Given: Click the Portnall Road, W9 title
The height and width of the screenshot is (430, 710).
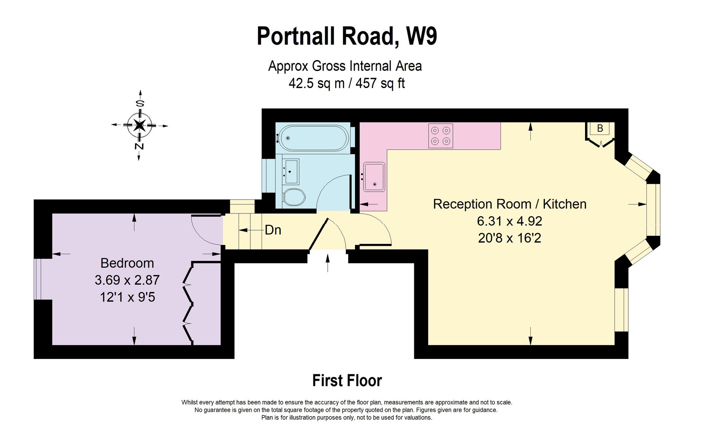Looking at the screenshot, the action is point(347,36).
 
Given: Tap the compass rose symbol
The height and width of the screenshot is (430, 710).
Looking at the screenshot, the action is point(140,125).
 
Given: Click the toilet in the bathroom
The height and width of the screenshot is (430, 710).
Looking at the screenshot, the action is point(294,196).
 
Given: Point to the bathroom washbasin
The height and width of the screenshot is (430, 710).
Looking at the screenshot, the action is point(291,171).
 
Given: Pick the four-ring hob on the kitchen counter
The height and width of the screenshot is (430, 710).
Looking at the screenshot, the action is point(441,136).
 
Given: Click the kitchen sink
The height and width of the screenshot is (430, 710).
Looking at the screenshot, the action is point(374,176).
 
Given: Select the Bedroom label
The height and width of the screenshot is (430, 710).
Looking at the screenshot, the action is point(127,263).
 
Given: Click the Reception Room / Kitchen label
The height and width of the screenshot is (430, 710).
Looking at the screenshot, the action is point(509,204).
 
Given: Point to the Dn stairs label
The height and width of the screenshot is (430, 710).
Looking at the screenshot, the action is point(273,230).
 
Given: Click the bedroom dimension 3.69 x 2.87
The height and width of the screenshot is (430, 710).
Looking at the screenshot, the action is point(127,280).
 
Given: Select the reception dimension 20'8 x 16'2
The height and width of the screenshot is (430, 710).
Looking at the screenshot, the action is point(509,238).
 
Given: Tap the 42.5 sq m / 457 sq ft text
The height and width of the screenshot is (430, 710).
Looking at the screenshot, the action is point(346,83).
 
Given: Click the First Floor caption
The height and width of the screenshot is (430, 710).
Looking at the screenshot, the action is point(347,381).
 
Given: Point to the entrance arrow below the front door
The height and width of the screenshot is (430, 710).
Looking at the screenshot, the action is point(327,263).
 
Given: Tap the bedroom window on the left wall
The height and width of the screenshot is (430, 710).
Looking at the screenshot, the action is point(38,279).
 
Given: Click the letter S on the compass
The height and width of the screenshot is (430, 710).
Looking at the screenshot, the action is point(140,104).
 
